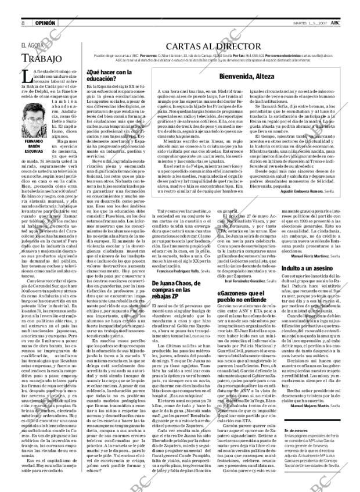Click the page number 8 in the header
(22, 6)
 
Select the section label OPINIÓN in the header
(45, 6)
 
